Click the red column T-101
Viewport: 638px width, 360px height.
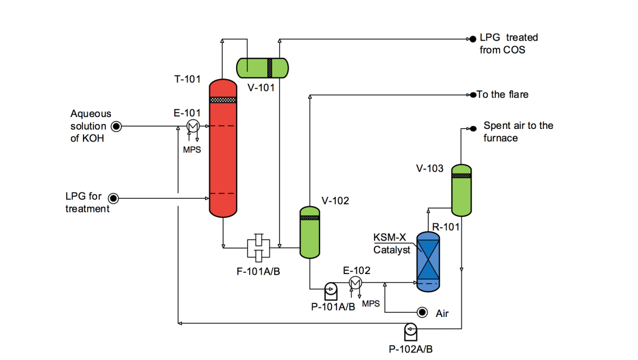pos(223,148)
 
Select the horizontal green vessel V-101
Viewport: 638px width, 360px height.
pos(262,68)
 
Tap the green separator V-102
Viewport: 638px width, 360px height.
pos(310,232)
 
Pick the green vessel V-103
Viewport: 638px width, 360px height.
pos(462,190)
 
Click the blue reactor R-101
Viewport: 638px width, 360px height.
pos(428,262)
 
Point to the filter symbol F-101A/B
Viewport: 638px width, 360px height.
pos(259,248)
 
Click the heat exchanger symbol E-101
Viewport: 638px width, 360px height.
pos(193,126)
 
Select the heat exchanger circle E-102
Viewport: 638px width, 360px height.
pos(355,282)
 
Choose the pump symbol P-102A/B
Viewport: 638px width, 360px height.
pos(411,331)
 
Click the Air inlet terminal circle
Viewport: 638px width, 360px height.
pos(422,313)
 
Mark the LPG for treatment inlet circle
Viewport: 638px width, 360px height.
pos(113,198)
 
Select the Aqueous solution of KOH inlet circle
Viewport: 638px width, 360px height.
pos(117,126)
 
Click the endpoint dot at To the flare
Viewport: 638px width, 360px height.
pos(474,95)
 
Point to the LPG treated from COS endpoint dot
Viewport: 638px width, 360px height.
pos(473,39)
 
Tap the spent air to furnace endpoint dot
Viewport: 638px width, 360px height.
pos(474,128)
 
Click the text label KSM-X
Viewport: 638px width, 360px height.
pos(390,237)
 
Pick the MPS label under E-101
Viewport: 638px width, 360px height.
pos(192,149)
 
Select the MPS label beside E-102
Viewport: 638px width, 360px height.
pos(371,303)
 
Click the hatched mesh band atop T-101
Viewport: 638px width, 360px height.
pos(223,100)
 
